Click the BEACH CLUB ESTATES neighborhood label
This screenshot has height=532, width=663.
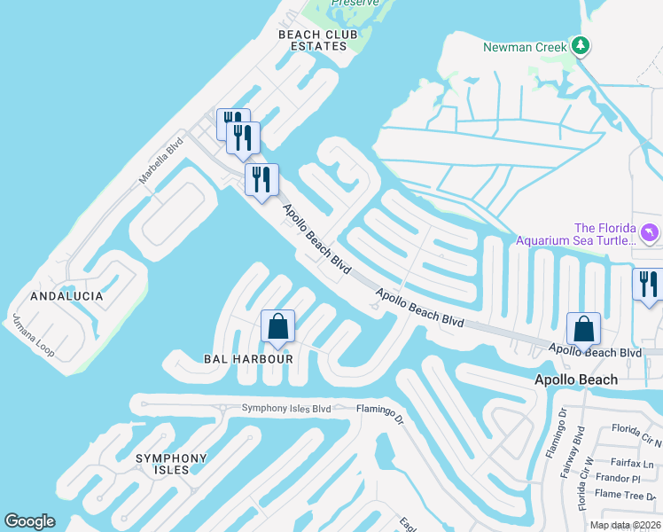click(x=318, y=40)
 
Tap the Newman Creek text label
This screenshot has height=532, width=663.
click(x=525, y=47)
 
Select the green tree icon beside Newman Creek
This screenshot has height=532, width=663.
click(x=581, y=44)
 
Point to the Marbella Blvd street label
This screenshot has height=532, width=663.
click(x=160, y=160)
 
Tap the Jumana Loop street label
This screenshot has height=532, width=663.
click(x=33, y=336)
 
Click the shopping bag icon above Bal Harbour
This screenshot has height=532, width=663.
click(x=278, y=326)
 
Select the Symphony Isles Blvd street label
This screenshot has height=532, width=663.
click(x=286, y=409)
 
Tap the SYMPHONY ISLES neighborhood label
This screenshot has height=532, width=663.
click(x=171, y=464)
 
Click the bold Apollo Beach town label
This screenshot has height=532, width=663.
click(x=575, y=379)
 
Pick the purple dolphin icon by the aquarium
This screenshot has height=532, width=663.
click(x=650, y=233)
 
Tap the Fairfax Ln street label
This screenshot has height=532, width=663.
click(x=632, y=462)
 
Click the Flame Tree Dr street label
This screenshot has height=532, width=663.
click(x=628, y=496)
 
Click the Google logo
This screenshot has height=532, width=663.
click(x=29, y=521)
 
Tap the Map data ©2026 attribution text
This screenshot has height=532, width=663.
click(x=623, y=525)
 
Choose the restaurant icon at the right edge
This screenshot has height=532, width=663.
click(x=649, y=284)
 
